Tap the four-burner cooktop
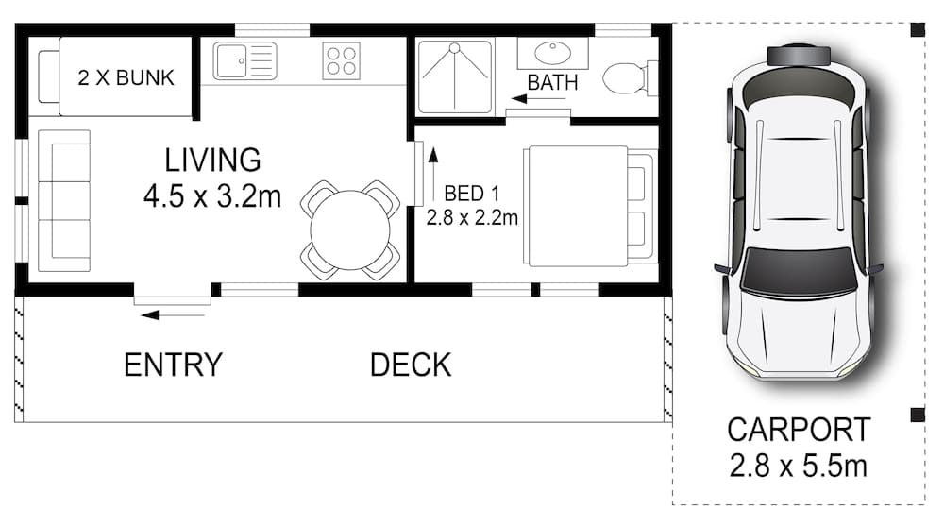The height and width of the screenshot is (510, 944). tap(341, 61)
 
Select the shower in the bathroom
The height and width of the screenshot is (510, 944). tap(456, 76)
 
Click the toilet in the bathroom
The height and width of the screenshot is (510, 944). tap(627, 77)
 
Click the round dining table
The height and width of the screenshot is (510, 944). tap(350, 229)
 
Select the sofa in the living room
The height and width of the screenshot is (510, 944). tap(64, 195)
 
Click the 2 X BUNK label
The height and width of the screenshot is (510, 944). tap(126, 77)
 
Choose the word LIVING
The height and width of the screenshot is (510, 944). tap(212, 160)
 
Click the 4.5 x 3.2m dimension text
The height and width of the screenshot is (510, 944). tap(212, 196)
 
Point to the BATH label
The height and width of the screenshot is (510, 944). tap(552, 82)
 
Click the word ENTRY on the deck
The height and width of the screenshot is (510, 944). tap(173, 365)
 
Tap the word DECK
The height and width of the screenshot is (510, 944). tap(411, 365)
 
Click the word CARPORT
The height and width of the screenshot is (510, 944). tap(799, 430)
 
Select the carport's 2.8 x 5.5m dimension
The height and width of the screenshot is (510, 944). tap(799, 466)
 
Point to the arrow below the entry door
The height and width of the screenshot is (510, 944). tap(162, 314)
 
